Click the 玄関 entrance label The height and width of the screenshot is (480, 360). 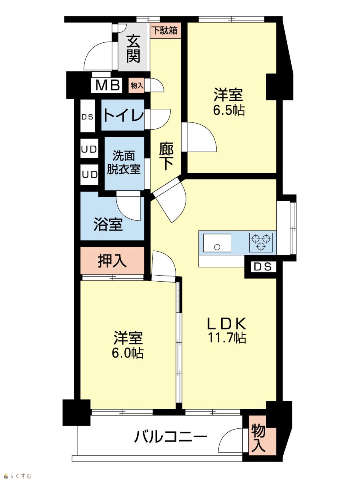click(x=133, y=49)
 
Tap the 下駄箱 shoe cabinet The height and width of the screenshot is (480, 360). click(x=166, y=30)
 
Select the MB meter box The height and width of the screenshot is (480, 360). click(x=108, y=85)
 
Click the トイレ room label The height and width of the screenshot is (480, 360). click(x=124, y=115)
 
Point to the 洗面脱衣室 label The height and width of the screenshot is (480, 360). click(x=124, y=162)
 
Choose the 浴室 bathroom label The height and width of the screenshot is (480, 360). click(x=108, y=224)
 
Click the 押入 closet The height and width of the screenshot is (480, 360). click(x=112, y=260)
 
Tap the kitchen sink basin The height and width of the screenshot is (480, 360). click(x=217, y=243)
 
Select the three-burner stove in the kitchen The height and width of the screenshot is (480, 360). click(x=261, y=242)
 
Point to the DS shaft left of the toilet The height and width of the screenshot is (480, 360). click(x=88, y=116)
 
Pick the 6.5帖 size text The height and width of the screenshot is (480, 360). click(x=229, y=110)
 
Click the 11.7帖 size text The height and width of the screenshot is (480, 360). click(x=227, y=338)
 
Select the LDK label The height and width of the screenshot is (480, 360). click(x=227, y=324)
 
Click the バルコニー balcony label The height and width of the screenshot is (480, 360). click(x=171, y=436)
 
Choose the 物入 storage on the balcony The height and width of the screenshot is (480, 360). click(x=262, y=441)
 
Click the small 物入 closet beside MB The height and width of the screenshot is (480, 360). click(x=136, y=86)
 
